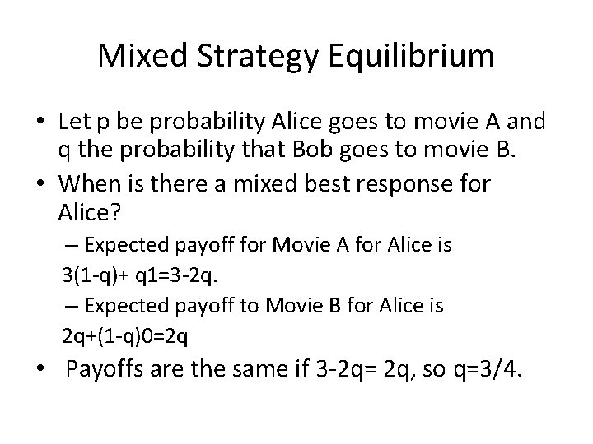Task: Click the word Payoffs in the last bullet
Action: (108, 369)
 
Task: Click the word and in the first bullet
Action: (527, 122)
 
